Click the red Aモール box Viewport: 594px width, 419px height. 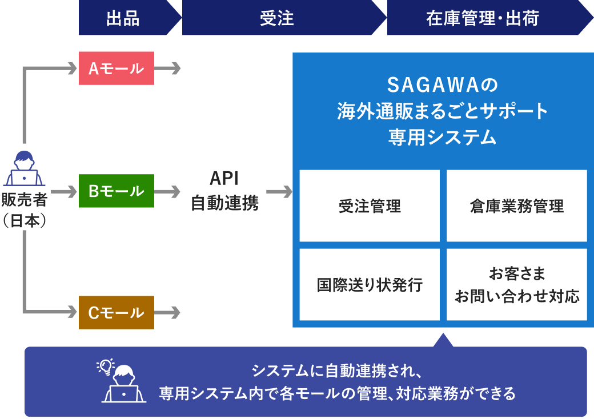pos(117,69)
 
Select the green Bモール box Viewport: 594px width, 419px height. pos(117,191)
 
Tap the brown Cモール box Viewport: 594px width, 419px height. pos(117,312)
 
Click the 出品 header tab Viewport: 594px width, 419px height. pos(123,18)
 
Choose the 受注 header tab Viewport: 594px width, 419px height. pos(277,18)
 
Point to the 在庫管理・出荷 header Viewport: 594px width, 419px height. pos(483,18)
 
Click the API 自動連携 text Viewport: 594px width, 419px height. pos(224,191)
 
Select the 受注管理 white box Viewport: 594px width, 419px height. pos(370,206)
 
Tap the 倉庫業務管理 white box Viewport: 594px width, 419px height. pos(516,206)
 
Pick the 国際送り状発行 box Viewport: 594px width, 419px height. pos(370,284)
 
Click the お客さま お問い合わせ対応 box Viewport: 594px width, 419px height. pos(516,284)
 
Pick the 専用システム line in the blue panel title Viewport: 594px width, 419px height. pos(443,138)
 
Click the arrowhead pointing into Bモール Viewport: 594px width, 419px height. pos(72,191)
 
